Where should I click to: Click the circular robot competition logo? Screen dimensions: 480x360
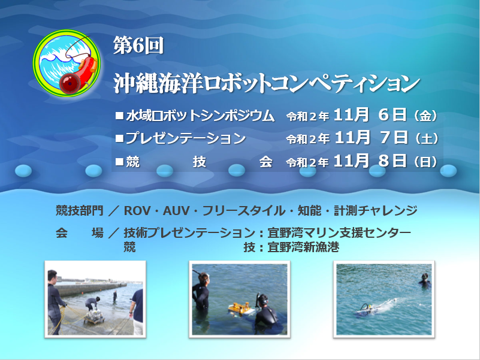(x=67, y=63)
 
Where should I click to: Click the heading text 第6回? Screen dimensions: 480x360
(x=138, y=46)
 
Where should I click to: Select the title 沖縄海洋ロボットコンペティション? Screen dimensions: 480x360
(x=266, y=83)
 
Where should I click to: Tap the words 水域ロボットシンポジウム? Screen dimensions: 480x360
(x=200, y=116)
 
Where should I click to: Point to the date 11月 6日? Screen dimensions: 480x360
(x=370, y=115)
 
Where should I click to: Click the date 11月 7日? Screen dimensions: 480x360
(x=371, y=137)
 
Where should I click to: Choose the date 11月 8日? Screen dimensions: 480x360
(x=370, y=160)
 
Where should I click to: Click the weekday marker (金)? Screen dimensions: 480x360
(x=425, y=116)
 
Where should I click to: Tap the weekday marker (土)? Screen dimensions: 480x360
(x=427, y=139)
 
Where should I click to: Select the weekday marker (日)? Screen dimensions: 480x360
(x=425, y=162)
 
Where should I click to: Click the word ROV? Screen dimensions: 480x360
(x=137, y=211)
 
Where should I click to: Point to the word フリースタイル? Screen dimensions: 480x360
(x=244, y=211)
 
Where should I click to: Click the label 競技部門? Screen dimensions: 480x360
(x=79, y=211)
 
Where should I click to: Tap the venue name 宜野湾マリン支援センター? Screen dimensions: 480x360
(x=339, y=233)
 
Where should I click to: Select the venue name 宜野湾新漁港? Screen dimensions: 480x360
(x=303, y=247)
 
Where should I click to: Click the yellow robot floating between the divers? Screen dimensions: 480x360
(x=241, y=308)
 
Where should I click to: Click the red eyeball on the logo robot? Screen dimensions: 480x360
(x=70, y=83)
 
